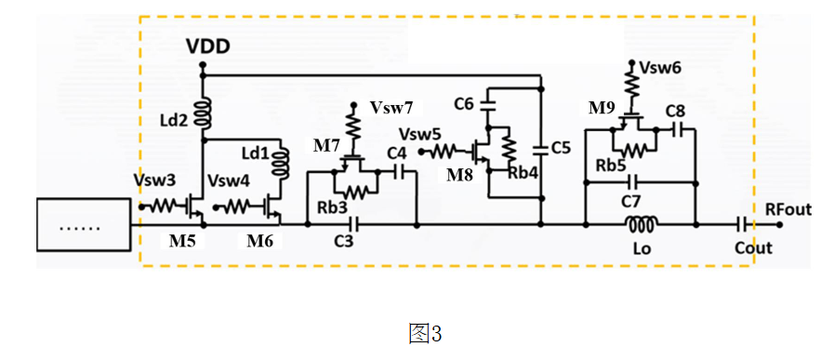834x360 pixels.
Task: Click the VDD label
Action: click(208, 47)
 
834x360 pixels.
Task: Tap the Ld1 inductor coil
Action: click(281, 164)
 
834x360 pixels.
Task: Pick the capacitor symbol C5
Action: click(541, 149)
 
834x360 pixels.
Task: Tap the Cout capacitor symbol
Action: click(741, 225)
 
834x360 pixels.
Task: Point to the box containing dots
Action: click(83, 225)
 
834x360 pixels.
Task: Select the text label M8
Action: click(460, 175)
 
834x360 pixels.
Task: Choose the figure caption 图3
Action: click(426, 334)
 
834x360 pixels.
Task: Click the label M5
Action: click(182, 241)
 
